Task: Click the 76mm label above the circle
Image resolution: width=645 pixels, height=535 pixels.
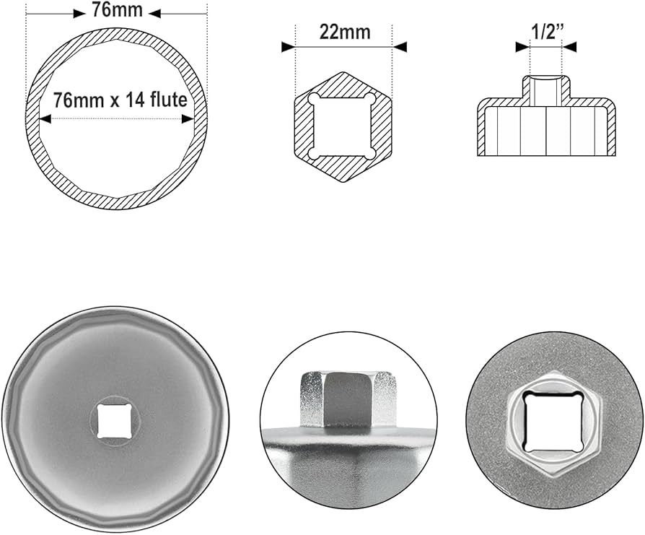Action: pyautogui.click(x=117, y=9)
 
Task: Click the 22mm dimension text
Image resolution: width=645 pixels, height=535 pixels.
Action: pyautogui.click(x=344, y=31)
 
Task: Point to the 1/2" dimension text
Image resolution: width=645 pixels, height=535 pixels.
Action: pyautogui.click(x=545, y=31)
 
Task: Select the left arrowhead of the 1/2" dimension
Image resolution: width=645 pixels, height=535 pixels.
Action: pyautogui.click(x=522, y=47)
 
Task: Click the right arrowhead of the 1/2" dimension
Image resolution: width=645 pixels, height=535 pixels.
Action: pyautogui.click(x=570, y=47)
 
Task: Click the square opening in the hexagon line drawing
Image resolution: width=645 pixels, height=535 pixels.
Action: pyautogui.click(x=343, y=127)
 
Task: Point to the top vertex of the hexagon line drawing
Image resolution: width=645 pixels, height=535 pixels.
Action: pyautogui.click(x=343, y=73)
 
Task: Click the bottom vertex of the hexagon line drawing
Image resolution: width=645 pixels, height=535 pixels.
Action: pyautogui.click(x=343, y=183)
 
